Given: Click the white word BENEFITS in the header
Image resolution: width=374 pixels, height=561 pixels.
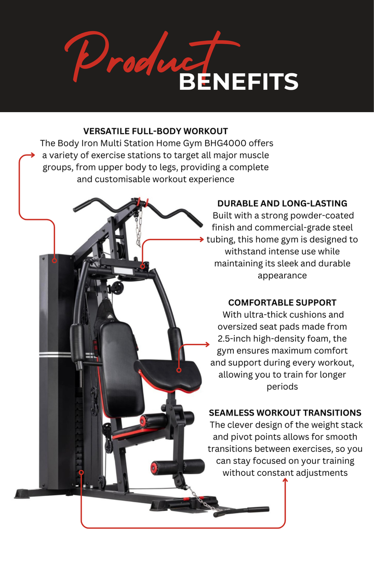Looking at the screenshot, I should (x=238, y=82).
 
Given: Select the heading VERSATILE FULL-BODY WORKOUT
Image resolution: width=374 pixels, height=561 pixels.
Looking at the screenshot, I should (x=155, y=131).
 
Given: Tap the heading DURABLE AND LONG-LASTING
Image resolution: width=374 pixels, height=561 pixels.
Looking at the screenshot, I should (x=282, y=204).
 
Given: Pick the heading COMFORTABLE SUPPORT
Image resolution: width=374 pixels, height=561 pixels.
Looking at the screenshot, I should (x=282, y=302).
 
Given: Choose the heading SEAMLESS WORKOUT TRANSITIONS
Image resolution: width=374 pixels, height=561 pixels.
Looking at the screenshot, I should (x=285, y=413).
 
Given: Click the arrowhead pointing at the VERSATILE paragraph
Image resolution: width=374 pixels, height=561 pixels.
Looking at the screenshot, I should (x=32, y=155).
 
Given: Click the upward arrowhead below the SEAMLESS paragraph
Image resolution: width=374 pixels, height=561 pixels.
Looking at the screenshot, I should (x=285, y=481).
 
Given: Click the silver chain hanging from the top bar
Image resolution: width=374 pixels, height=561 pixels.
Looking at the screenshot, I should (x=138, y=229).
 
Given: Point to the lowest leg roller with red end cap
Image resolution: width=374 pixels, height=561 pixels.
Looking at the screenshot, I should (x=178, y=466).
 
